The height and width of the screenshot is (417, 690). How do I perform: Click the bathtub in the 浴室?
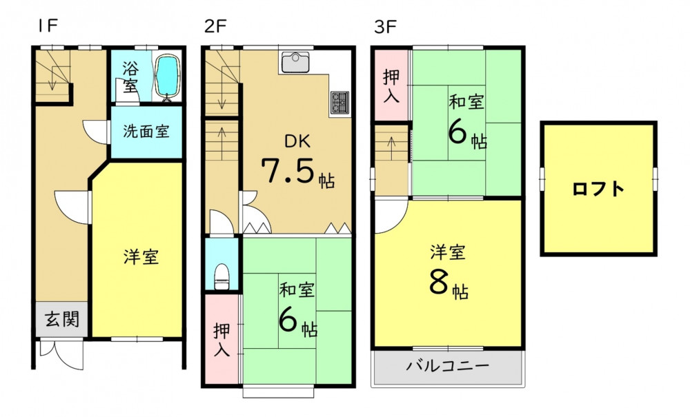pyautogui.click(x=167, y=77)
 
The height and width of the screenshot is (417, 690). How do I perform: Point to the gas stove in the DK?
pyautogui.click(x=339, y=103)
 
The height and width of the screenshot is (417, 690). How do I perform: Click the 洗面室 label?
pyautogui.click(x=146, y=132)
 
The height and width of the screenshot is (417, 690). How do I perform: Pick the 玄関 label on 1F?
pyautogui.click(x=62, y=319)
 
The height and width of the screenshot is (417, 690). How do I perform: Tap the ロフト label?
pyautogui.click(x=598, y=190)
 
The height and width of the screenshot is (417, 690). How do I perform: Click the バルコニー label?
pyautogui.click(x=448, y=365)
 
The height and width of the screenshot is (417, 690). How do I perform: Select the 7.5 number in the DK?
pyautogui.click(x=290, y=170)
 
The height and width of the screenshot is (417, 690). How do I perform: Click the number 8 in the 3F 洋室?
pyautogui.click(x=439, y=283)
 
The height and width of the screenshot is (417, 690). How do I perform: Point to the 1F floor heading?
pyautogui.click(x=48, y=26)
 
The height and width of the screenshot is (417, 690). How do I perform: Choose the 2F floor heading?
pyautogui.click(x=215, y=27)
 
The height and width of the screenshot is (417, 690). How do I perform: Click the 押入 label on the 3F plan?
pyautogui.click(x=391, y=86)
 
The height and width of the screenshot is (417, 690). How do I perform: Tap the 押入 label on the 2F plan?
pyautogui.click(x=221, y=340)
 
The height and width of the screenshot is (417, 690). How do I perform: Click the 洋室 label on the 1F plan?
pyautogui.click(x=141, y=256)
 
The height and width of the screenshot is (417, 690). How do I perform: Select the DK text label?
pyautogui.click(x=297, y=141)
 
